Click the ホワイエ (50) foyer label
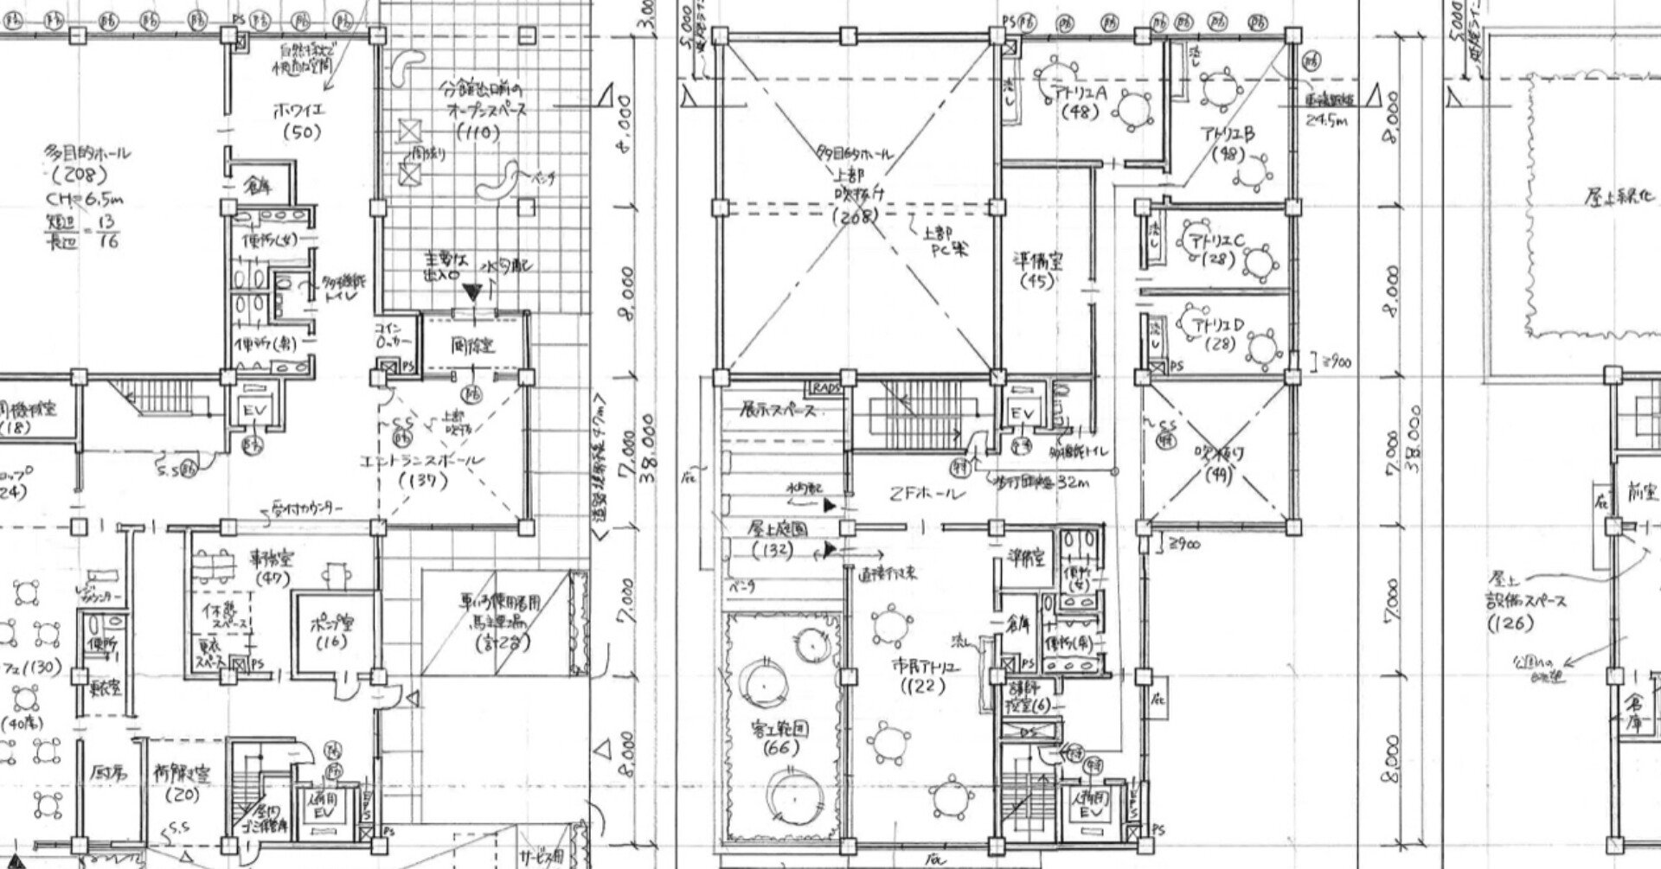click(x=298, y=122)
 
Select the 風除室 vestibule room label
click(x=473, y=347)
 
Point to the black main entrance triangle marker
click(x=471, y=292)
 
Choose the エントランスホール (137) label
click(x=424, y=470)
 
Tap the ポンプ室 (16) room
click(x=333, y=631)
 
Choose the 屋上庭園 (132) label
click(x=772, y=538)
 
